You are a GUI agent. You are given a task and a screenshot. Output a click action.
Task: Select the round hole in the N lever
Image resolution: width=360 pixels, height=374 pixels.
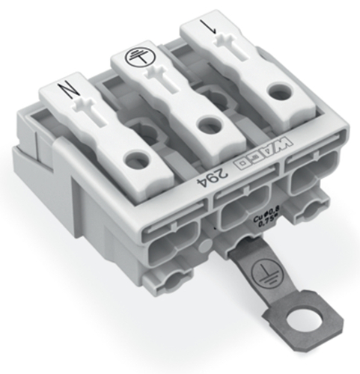[x=135, y=159]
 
